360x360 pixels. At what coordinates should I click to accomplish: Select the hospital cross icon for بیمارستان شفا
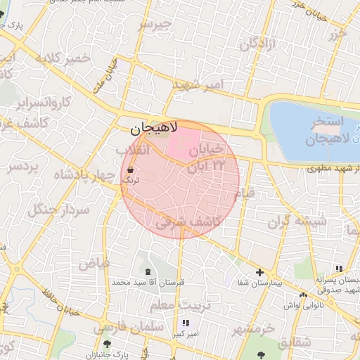tap(260, 273)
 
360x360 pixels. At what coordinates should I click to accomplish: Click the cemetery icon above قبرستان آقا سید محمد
tap(147, 271)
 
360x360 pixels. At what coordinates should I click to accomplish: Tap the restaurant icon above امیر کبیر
tap(186, 323)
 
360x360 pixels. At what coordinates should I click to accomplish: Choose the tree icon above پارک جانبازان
tap(106, 344)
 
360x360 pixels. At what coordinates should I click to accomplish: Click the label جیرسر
tap(155, 25)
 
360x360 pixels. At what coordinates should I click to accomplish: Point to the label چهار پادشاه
tap(77, 176)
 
